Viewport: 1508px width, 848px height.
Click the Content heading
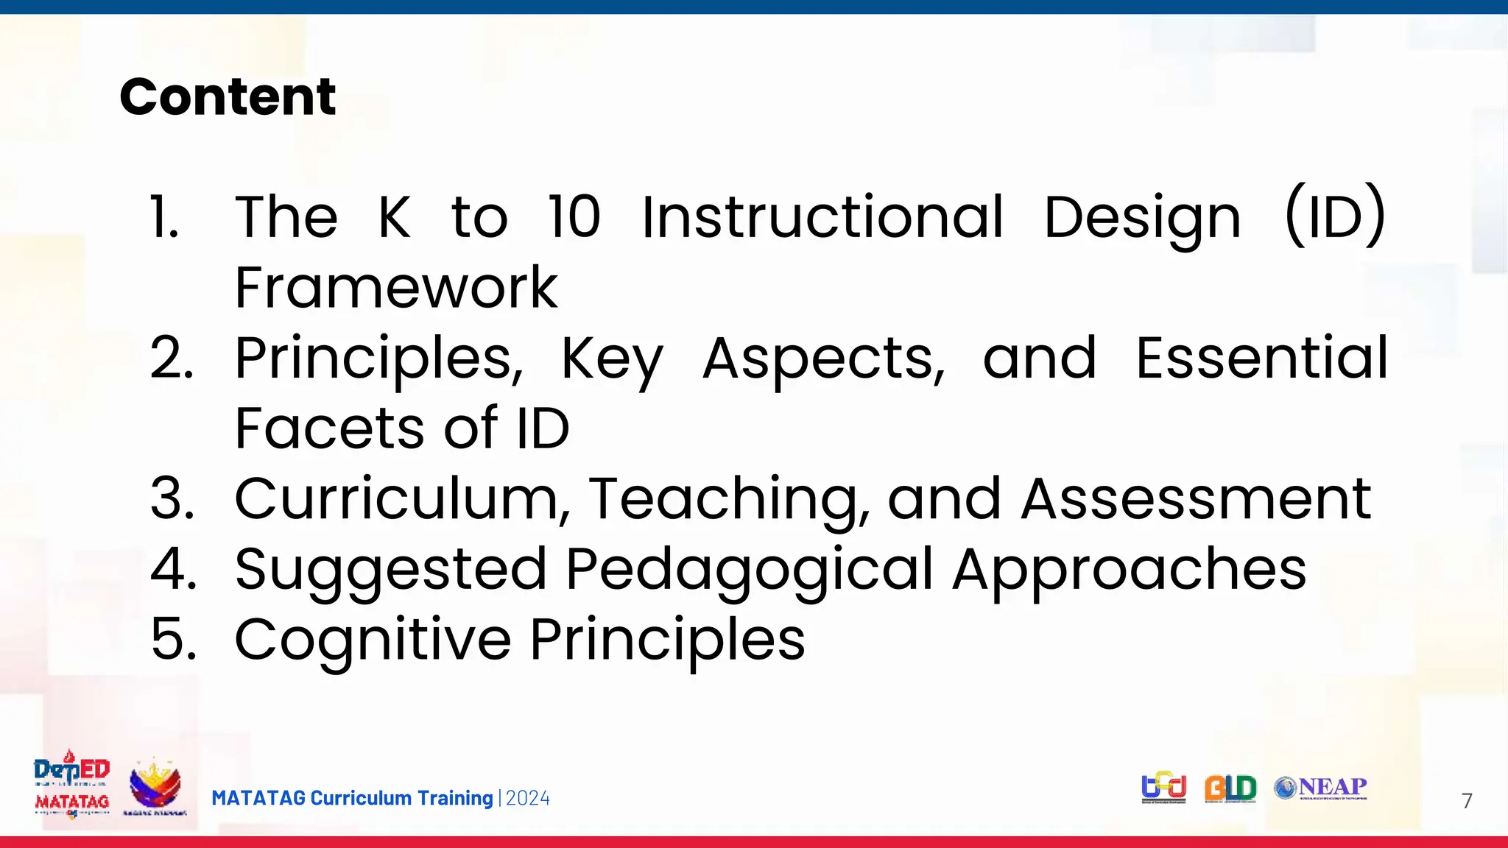(228, 96)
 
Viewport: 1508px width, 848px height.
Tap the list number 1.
(164, 217)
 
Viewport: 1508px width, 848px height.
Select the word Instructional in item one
(822, 217)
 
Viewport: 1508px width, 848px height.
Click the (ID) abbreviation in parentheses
(1335, 217)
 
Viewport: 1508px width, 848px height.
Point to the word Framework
(396, 288)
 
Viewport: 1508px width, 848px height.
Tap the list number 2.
(172, 358)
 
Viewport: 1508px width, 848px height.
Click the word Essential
(1261, 358)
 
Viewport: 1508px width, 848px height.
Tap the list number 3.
(172, 499)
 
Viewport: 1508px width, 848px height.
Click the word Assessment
(1196, 499)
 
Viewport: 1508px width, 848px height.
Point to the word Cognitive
(373, 639)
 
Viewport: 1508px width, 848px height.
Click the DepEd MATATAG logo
(72, 785)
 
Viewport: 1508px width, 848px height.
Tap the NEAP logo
(1321, 788)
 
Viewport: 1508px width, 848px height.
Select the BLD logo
(1230, 788)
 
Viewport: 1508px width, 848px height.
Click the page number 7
(1467, 801)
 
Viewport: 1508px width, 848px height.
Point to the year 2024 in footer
(528, 799)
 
